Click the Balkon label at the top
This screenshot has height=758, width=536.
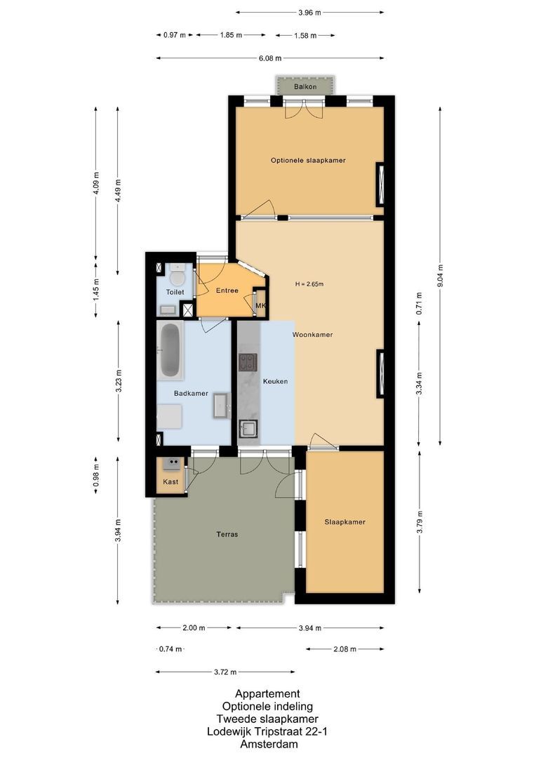tap(305, 87)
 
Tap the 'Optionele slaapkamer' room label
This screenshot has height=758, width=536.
tap(308, 161)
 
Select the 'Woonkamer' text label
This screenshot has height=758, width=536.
tap(312, 335)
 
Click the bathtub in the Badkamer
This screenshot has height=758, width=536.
tap(170, 350)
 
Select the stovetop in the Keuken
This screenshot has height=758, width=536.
tap(248, 362)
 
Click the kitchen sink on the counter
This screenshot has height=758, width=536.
tap(248, 428)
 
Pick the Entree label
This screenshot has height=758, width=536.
tap(227, 291)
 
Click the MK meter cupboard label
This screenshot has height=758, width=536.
tap(260, 306)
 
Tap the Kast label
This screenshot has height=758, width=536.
tap(170, 482)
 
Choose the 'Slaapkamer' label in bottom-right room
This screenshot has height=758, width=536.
tap(344, 522)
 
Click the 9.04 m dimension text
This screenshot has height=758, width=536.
tap(440, 276)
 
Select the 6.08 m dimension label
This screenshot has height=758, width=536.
tap(269, 58)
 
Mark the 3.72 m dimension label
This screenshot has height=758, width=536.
tap(225, 671)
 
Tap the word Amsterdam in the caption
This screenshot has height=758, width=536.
tap(267, 745)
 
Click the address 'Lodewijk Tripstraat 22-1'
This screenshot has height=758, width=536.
tap(267, 732)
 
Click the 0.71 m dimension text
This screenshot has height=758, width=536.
tap(419, 300)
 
